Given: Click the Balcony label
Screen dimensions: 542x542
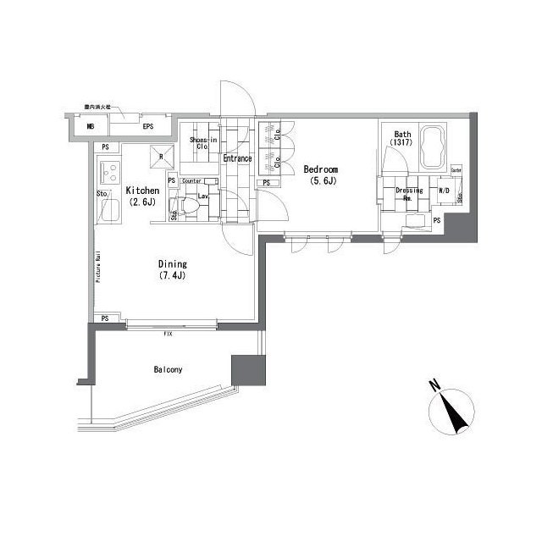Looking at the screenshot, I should [168, 370].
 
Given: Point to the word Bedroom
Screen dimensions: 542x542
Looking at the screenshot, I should [321, 169].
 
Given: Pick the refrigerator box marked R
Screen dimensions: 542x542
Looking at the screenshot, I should [162, 155].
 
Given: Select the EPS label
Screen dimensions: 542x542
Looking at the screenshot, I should [147, 127].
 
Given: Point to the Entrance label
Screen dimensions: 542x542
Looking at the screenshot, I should [236, 158].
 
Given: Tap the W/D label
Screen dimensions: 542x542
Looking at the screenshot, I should [444, 190].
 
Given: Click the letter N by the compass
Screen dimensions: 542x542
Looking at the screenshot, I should [434, 387].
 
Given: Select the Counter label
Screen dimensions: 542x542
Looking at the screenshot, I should [191, 180].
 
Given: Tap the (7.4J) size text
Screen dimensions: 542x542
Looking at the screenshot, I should [172, 277].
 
